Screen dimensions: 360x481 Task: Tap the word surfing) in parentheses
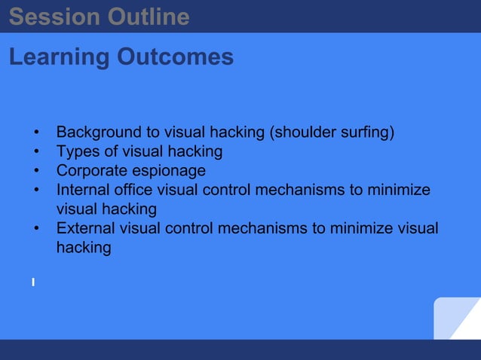tap(365, 133)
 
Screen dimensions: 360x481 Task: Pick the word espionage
tap(172, 171)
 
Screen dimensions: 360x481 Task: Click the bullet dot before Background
tap(36, 134)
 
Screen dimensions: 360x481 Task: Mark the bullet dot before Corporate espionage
tap(36, 172)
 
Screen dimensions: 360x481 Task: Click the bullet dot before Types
tap(36, 153)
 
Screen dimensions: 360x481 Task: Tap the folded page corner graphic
tap(457, 319)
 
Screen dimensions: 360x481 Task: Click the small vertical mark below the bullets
tap(33, 282)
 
